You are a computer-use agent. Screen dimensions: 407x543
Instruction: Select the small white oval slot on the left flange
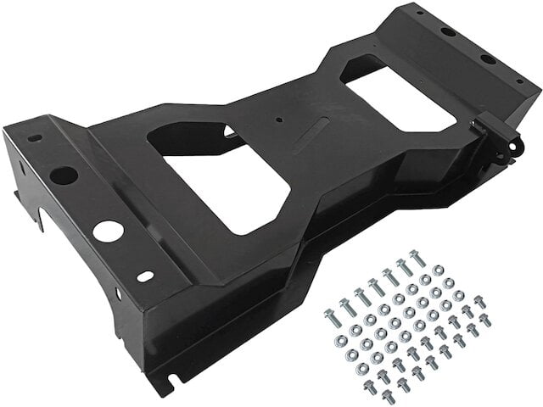[x=146, y=276]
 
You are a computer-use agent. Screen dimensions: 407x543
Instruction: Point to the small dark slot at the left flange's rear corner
[x=33, y=137]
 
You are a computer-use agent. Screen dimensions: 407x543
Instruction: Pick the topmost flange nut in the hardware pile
[x=438, y=270]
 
